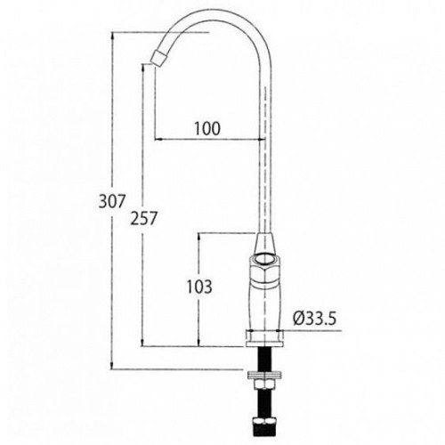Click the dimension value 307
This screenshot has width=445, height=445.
click(112, 201)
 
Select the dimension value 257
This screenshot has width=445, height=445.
click(143, 218)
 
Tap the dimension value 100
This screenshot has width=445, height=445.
click(207, 128)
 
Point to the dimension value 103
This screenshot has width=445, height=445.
click(199, 287)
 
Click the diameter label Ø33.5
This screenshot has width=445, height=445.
click(314, 319)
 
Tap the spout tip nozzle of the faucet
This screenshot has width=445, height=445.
click(159, 57)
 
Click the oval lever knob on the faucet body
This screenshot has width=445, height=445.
click(265, 260)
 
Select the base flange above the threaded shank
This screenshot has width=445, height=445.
click(264, 338)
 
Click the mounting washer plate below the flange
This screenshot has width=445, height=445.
click(264, 375)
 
